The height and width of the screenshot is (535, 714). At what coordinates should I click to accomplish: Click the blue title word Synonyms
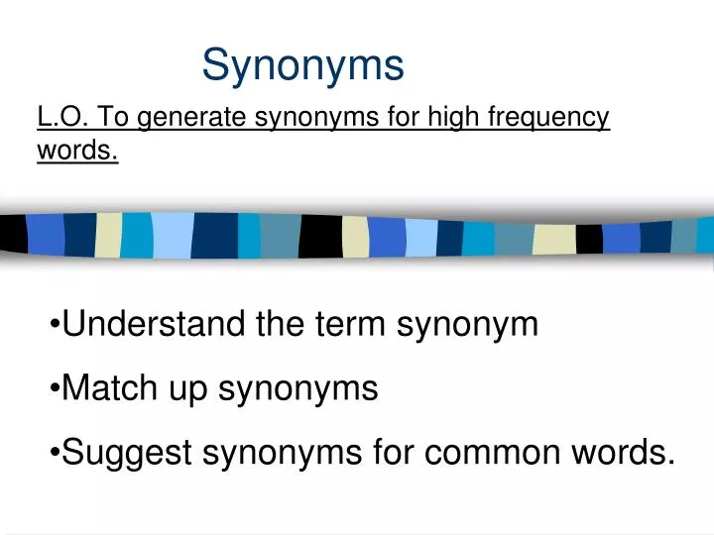point(303,66)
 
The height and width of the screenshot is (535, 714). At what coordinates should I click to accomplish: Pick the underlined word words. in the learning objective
point(77,151)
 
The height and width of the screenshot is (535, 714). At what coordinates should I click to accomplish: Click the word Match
point(109,387)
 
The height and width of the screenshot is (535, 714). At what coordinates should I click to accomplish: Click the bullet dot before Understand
point(54,325)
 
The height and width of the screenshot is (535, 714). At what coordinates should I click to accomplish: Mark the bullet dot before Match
point(54,389)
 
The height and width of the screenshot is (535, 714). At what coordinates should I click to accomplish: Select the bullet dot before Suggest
point(54,454)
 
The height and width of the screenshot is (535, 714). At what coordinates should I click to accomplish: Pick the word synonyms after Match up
point(297,389)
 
